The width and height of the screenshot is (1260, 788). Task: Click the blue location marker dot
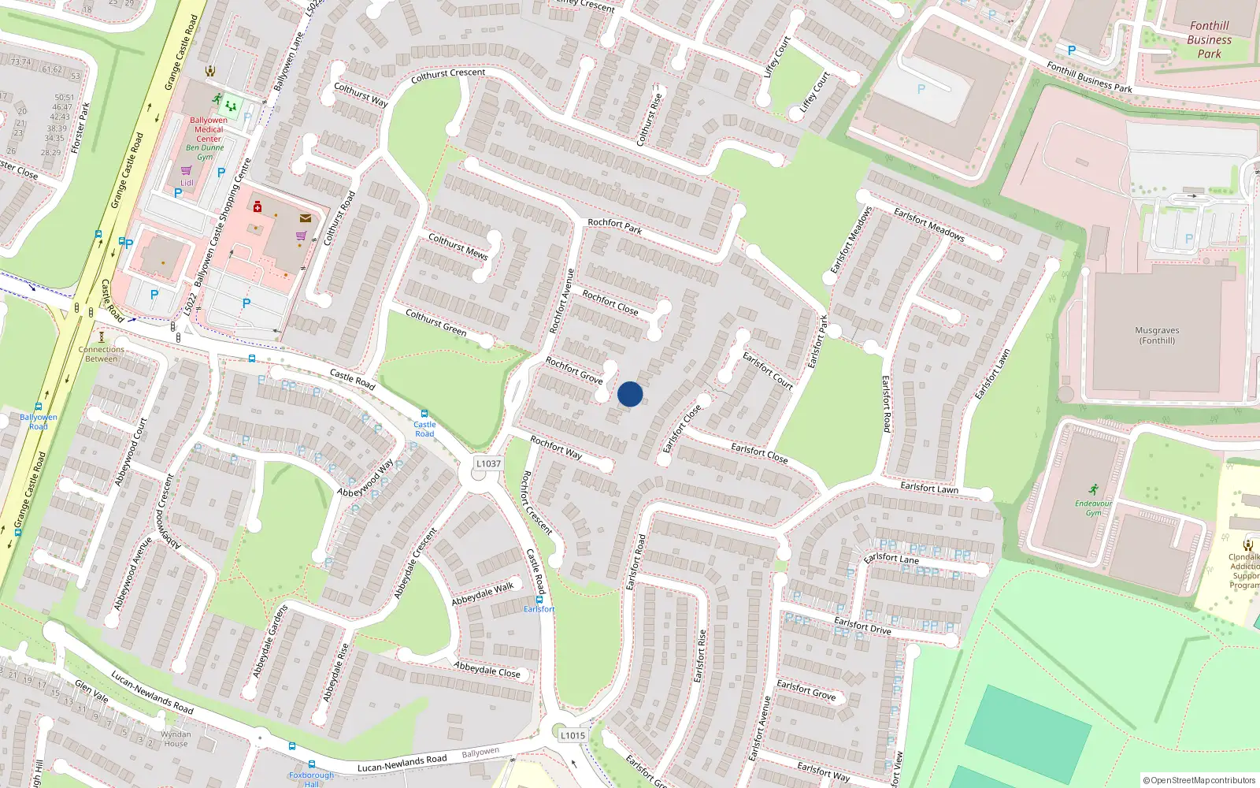pyautogui.click(x=630, y=394)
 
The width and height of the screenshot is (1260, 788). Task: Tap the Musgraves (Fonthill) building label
pyautogui.click(x=1157, y=336)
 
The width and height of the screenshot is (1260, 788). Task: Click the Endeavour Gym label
pyautogui.click(x=1093, y=508)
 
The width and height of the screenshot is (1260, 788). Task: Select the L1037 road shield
pyautogui.click(x=488, y=463)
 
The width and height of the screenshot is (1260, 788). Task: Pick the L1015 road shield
pyautogui.click(x=573, y=735)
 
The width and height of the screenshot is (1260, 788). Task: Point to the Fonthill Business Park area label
pyautogui.click(x=1209, y=39)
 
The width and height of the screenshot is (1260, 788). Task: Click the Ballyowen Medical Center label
pyautogui.click(x=209, y=129)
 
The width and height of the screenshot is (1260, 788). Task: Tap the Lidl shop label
pyautogui.click(x=187, y=183)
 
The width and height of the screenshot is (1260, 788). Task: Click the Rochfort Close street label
pyautogui.click(x=610, y=303)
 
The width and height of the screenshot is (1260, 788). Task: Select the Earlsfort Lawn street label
pyautogui.click(x=929, y=488)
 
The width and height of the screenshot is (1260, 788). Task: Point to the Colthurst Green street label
pyautogui.click(x=435, y=323)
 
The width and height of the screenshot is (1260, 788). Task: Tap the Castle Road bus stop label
pyautogui.click(x=424, y=429)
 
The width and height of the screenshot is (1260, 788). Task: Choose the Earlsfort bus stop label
pyautogui.click(x=539, y=609)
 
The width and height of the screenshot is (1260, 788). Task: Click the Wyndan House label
pyautogui.click(x=176, y=738)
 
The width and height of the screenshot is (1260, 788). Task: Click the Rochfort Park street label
pyautogui.click(x=614, y=226)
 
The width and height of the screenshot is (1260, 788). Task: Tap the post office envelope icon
pyautogui.click(x=305, y=218)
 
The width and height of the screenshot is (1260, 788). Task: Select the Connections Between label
pyautogui.click(x=102, y=354)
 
